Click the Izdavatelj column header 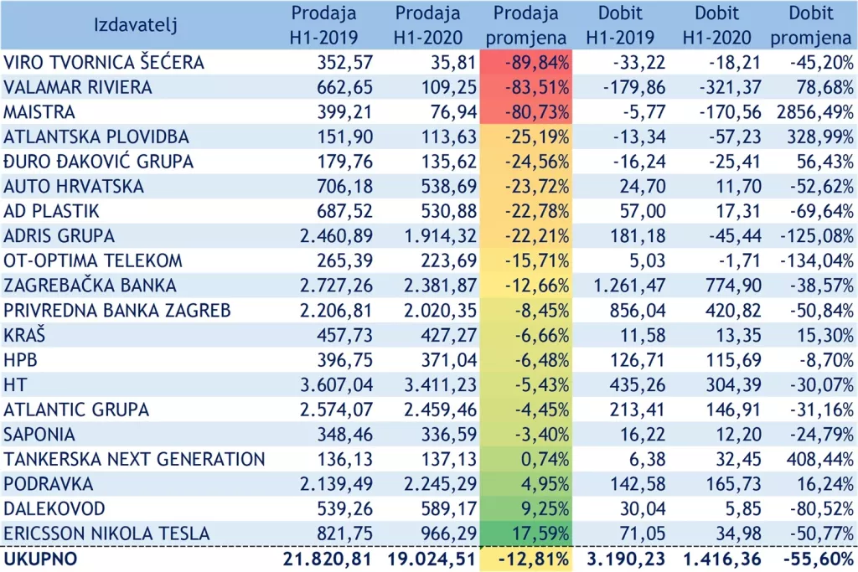coord(136,25)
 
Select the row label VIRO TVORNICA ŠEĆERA coord(104,62)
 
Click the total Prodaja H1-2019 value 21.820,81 coord(318,559)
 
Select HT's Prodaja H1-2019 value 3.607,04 coord(330,384)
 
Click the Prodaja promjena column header coord(525,25)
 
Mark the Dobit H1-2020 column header coord(717,25)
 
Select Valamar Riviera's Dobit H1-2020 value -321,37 coord(721,87)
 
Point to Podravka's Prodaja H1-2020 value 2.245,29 coord(433,484)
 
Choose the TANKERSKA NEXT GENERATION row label coord(134,459)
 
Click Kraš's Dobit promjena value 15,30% coord(824,335)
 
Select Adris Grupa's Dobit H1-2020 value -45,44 coord(726,236)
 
